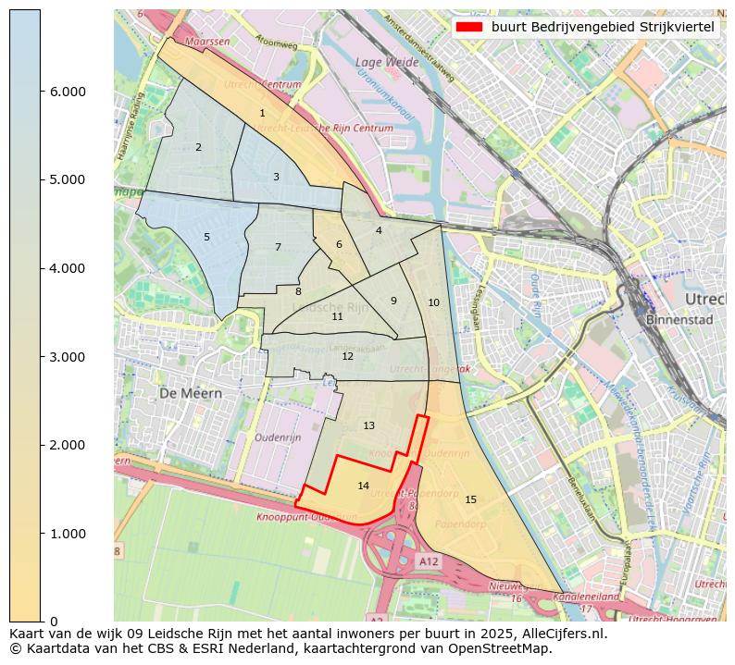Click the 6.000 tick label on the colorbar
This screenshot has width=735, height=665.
[x=68, y=92]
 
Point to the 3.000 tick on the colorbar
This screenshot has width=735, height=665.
[x=68, y=357]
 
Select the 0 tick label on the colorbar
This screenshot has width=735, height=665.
[x=53, y=622]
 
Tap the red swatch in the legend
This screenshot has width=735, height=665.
[x=470, y=27]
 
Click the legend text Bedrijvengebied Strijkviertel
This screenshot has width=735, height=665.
[x=603, y=27]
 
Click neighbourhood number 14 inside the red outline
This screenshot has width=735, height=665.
[x=363, y=486]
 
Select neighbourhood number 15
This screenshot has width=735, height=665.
[x=470, y=499]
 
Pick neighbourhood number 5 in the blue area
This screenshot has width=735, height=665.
[x=206, y=238]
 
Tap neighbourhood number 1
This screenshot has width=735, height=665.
[x=262, y=114]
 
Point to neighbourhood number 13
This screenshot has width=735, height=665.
[x=368, y=425]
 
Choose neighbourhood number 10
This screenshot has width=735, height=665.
[x=433, y=302]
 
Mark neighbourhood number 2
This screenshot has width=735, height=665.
[x=198, y=147]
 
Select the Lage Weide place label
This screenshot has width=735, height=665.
[x=382, y=62]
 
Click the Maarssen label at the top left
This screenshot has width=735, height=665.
[x=207, y=42]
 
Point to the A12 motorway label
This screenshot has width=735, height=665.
[x=428, y=560]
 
